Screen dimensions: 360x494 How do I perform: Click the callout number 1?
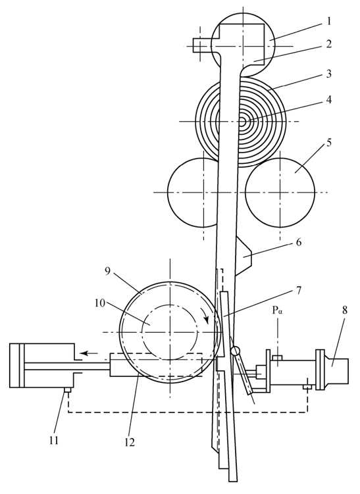[328, 22]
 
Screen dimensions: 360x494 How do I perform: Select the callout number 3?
[328, 74]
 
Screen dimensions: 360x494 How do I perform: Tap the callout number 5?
[328, 142]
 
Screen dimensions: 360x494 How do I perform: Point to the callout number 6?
[298, 242]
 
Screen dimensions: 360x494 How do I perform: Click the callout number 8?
[345, 310]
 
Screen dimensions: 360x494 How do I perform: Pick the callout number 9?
[108, 271]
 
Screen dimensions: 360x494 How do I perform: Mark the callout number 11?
[54, 440]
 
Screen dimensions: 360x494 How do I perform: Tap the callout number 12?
[130, 442]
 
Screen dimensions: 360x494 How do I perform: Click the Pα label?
[278, 310]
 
